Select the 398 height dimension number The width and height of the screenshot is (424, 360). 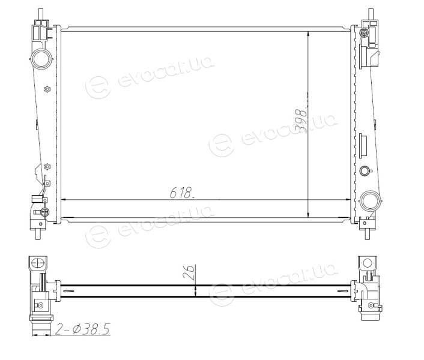pyautogui.click(x=302, y=121)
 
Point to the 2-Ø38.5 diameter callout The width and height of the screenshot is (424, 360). pyautogui.click(x=82, y=329)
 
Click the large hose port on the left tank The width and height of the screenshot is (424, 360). pyautogui.click(x=41, y=59)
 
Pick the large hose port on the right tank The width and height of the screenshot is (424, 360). pyautogui.click(x=370, y=201)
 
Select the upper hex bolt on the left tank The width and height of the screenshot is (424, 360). pyautogui.click(x=47, y=89)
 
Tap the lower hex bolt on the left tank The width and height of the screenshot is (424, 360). pyautogui.click(x=47, y=167)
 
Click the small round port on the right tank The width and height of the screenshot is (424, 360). pyautogui.click(x=364, y=170)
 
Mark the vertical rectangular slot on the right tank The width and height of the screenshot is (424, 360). pyautogui.click(x=363, y=146)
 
